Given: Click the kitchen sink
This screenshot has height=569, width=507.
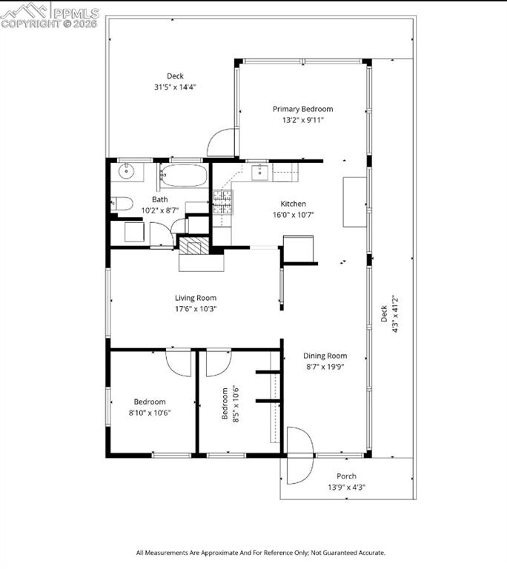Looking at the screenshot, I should pos(260,173).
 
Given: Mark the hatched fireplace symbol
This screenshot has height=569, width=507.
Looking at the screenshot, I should pos(194,247).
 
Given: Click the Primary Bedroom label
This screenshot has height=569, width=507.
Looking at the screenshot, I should pos(302,109).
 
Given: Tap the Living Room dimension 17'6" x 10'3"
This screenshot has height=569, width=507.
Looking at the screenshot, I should pos(196,309).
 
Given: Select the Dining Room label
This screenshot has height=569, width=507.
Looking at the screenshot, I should pos(325,356).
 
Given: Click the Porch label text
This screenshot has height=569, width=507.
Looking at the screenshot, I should pos(346,476).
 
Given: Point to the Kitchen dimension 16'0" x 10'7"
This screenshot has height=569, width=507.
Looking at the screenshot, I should pos(293,215).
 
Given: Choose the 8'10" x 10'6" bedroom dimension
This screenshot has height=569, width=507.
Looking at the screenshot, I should pos(150,413).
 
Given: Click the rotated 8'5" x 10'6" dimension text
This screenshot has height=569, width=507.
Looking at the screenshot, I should pos(235,402).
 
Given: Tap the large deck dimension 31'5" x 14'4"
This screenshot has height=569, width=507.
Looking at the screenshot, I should pos(175,87).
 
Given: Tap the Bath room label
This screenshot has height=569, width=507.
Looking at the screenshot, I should pos(159,199).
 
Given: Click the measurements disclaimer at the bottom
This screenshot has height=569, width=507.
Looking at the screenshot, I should pos(260,553).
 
